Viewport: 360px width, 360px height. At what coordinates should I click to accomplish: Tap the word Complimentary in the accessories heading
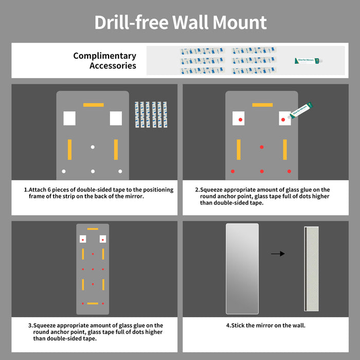[104, 56]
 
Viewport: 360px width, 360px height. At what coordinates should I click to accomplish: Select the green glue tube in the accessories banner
[308, 61]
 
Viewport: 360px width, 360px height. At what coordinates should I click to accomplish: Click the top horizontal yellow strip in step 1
[93, 105]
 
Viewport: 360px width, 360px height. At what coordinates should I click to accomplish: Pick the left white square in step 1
[69, 118]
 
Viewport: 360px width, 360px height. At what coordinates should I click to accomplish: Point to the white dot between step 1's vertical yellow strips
[93, 148]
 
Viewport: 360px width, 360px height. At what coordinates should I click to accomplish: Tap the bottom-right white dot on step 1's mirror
[120, 171]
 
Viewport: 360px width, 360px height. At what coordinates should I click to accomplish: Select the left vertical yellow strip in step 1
[69, 150]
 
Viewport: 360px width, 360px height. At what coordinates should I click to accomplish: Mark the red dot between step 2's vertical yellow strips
[262, 148]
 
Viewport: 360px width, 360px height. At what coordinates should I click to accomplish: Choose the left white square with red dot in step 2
[239, 119]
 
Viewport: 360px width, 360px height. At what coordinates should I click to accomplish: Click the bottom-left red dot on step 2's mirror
[233, 171]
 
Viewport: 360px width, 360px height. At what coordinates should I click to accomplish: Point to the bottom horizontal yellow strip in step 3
[93, 303]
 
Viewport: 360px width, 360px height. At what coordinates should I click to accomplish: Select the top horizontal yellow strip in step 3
[93, 229]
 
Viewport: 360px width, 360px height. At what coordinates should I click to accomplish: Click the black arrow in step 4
[278, 254]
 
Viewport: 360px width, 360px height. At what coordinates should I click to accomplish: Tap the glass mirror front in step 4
[242, 268]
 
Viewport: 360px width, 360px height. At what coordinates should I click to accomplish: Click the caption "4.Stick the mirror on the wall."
[265, 326]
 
